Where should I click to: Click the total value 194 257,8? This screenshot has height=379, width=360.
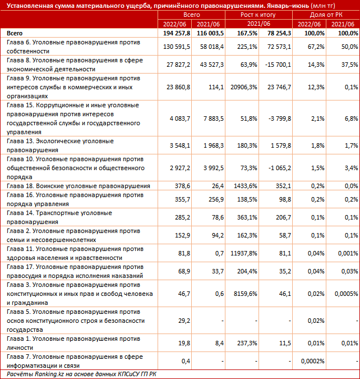coord(176,34)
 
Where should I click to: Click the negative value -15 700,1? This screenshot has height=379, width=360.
coord(276,65)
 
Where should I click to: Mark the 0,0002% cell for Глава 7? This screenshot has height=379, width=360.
coord(311,360)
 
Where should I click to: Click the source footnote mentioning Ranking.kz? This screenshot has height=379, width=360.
coord(81,374)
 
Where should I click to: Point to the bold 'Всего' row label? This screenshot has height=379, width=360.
coord(15,34)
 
